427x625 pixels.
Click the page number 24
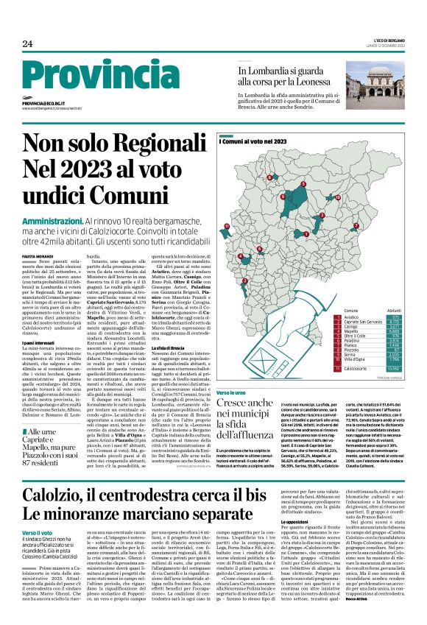[x=27, y=44]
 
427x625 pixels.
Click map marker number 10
[x=337, y=197]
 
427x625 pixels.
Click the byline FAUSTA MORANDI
[x=38, y=255]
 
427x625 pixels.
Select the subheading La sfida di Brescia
[x=172, y=346]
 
